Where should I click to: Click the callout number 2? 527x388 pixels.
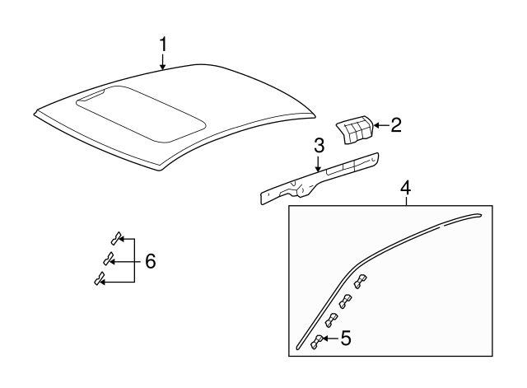click(x=395, y=125)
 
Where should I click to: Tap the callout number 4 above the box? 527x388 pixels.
click(x=405, y=189)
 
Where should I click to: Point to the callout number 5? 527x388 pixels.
click(x=346, y=337)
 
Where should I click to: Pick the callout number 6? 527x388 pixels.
click(x=150, y=261)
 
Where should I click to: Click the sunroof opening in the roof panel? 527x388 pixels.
click(x=140, y=110)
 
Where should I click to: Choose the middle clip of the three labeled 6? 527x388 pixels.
click(x=108, y=259)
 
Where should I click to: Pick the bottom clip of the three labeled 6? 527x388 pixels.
click(x=100, y=281)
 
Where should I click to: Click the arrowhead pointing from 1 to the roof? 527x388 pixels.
click(x=163, y=69)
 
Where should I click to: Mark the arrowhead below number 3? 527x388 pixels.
click(x=319, y=170)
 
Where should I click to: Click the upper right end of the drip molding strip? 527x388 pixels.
click(x=475, y=217)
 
